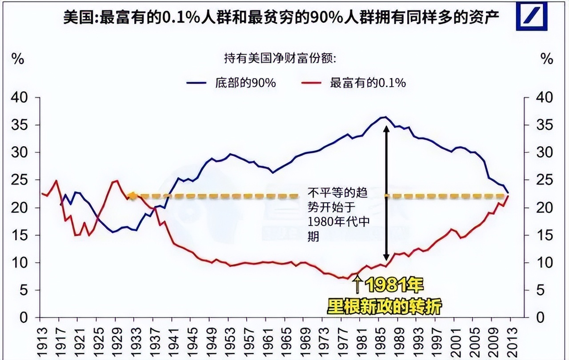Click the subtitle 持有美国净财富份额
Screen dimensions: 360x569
click(280, 58)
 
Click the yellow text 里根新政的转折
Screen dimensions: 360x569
click(384, 306)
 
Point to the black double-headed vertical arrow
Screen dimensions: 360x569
click(386, 193)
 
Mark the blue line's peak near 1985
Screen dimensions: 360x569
click(385, 117)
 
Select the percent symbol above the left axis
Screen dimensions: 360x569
click(17, 59)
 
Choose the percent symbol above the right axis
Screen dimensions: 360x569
click(546, 59)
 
